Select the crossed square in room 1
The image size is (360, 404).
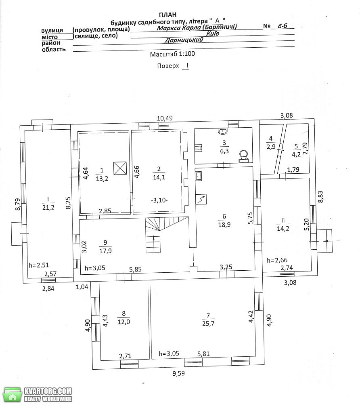[x=120, y=168]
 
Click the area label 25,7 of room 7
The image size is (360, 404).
[x=208, y=323]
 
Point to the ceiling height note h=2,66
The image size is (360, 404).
[x=277, y=260]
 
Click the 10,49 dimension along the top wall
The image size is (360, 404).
[x=165, y=118]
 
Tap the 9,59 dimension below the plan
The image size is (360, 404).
[x=178, y=373]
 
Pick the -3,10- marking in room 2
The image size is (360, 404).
[x=159, y=200]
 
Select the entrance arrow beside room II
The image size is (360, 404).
[x=331, y=241]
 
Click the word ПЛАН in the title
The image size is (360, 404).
[x=167, y=15]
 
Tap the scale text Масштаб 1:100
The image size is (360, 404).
[x=172, y=54]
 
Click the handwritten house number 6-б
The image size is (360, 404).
[x=282, y=26]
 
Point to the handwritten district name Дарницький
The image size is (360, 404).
[x=184, y=40]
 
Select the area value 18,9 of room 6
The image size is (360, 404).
[x=224, y=225]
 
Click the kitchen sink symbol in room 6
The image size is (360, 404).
[x=199, y=177]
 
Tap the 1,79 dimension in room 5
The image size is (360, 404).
[x=293, y=170]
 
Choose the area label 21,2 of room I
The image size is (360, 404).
[x=48, y=207]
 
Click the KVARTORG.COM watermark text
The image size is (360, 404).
[x=48, y=391]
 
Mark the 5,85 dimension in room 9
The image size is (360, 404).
[x=135, y=269]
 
